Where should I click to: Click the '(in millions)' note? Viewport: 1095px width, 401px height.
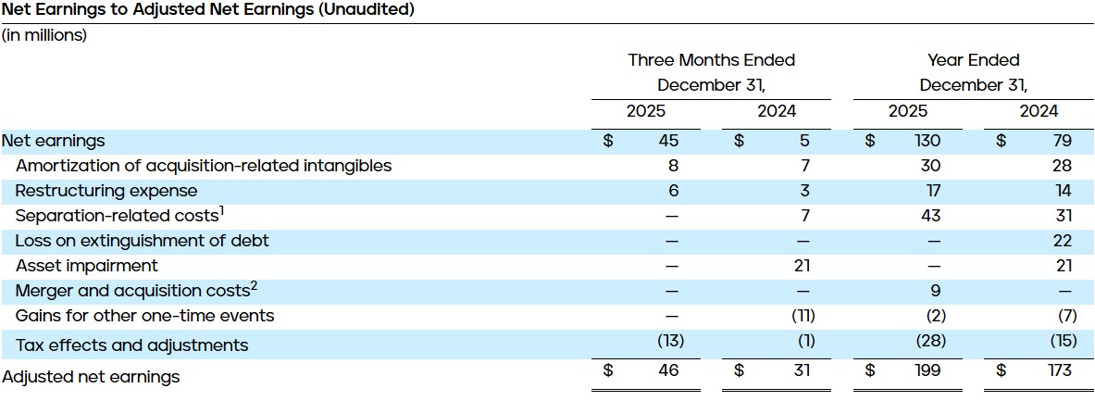coord(44,35)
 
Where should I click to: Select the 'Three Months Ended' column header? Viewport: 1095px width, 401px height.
coord(711,60)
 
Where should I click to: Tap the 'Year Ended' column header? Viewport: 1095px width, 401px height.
coord(973,60)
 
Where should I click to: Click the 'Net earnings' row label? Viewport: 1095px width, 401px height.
coord(54,141)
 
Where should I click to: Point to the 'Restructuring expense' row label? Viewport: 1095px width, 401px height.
coord(106,191)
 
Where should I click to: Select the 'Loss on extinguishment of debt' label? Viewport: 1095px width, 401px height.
coord(143,241)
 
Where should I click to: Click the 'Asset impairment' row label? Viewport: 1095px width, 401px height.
coord(87,266)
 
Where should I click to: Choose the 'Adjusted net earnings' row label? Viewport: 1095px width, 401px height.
coord(91,377)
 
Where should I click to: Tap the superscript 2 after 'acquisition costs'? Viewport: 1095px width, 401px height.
coord(253,286)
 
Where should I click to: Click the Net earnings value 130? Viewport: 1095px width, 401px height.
coord(927,141)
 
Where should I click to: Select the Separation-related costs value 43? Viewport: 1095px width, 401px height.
coord(930,216)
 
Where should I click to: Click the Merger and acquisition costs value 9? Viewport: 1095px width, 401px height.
coord(934,291)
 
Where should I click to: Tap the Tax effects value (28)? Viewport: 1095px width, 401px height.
coord(930,341)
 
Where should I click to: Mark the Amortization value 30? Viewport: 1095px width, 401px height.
coord(930,166)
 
